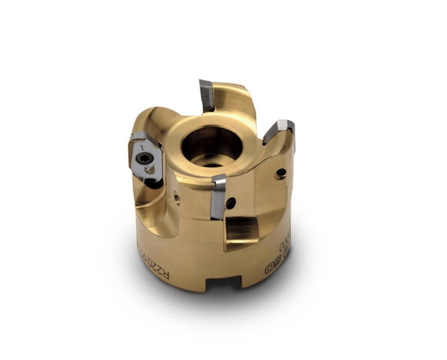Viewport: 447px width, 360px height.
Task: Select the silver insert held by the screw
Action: pyautogui.click(x=146, y=159)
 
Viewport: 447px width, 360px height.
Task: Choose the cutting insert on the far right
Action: pyautogui.click(x=279, y=130)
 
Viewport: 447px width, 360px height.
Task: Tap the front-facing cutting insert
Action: pyautogui.click(x=217, y=196)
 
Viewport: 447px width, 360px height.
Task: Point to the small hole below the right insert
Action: pyautogui.click(x=281, y=173)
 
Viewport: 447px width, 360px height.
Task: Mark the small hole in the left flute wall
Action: pyautogui.click(x=176, y=196)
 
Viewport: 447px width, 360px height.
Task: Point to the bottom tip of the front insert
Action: pyautogui.click(x=216, y=217)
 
